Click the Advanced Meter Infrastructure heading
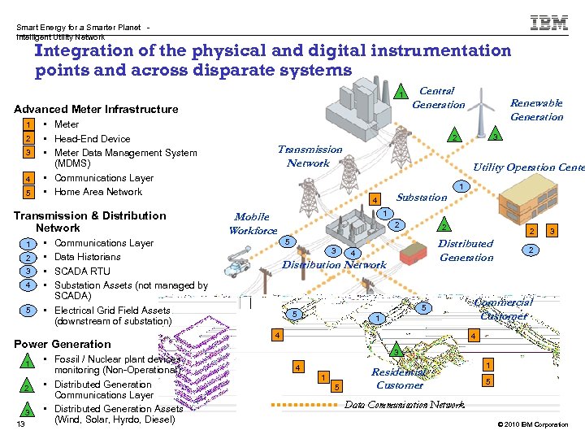[96, 109]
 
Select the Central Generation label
[438, 98]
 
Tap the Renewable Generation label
[536, 110]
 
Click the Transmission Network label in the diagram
[310, 156]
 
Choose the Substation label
[421, 197]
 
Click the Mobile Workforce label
[252, 224]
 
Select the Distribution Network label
[334, 264]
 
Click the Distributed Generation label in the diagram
[466, 250]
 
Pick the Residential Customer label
[399, 378]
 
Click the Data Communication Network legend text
[405, 404]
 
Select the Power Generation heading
[63, 344]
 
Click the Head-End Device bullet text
[92, 138]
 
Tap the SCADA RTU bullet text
[82, 271]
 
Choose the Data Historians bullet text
[88, 257]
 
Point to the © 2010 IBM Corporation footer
[531, 424]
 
